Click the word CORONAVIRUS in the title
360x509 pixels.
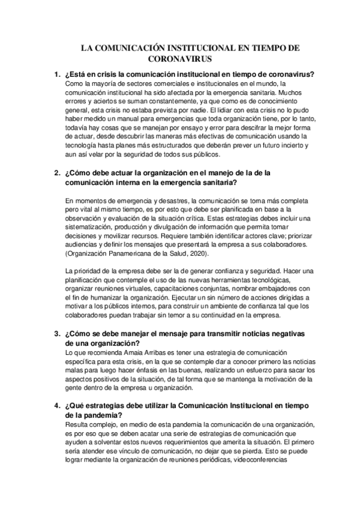(x=180, y=60)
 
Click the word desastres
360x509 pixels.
(x=170, y=200)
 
